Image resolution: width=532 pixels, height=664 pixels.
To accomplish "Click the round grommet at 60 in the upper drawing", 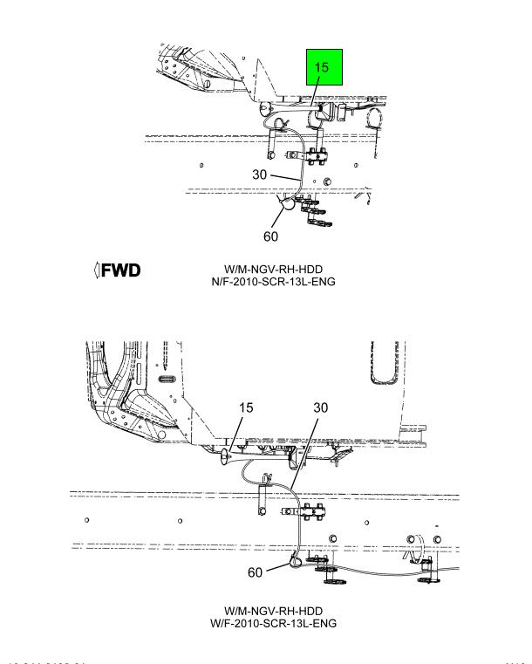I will tap(284, 207).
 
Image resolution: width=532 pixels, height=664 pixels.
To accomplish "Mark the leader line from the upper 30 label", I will tap(281, 177).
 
